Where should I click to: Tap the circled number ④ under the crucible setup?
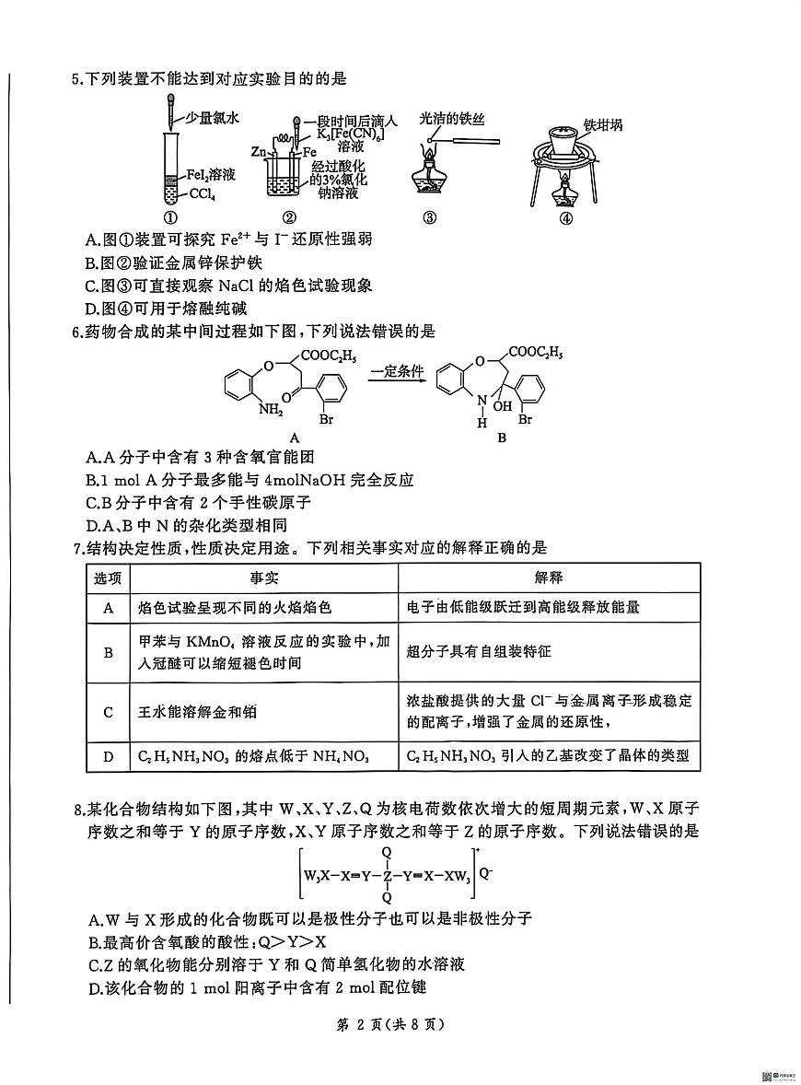(x=565, y=218)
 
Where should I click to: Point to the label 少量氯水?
(x=213, y=118)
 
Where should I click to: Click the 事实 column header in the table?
(x=264, y=577)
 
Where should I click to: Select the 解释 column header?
(x=549, y=577)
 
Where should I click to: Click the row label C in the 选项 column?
(x=109, y=711)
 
